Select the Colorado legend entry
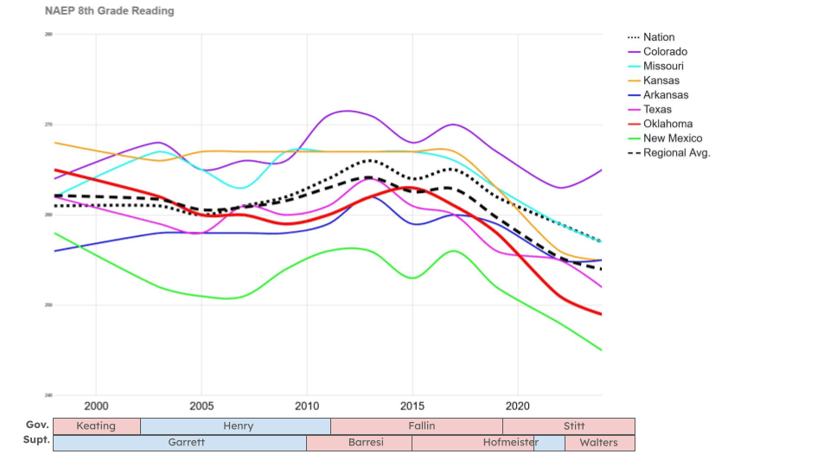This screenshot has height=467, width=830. click(x=665, y=52)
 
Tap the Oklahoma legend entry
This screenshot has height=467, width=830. click(x=667, y=124)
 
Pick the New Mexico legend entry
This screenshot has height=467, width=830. click(x=672, y=138)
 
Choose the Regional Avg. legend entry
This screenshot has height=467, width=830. click(x=676, y=153)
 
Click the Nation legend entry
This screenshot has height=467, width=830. click(x=659, y=37)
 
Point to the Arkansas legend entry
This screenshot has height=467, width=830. click(x=666, y=95)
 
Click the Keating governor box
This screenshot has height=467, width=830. click(x=96, y=426)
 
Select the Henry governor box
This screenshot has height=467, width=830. click(x=235, y=426)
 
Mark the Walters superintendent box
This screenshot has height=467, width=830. click(x=599, y=443)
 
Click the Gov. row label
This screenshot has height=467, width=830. click(x=36, y=425)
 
